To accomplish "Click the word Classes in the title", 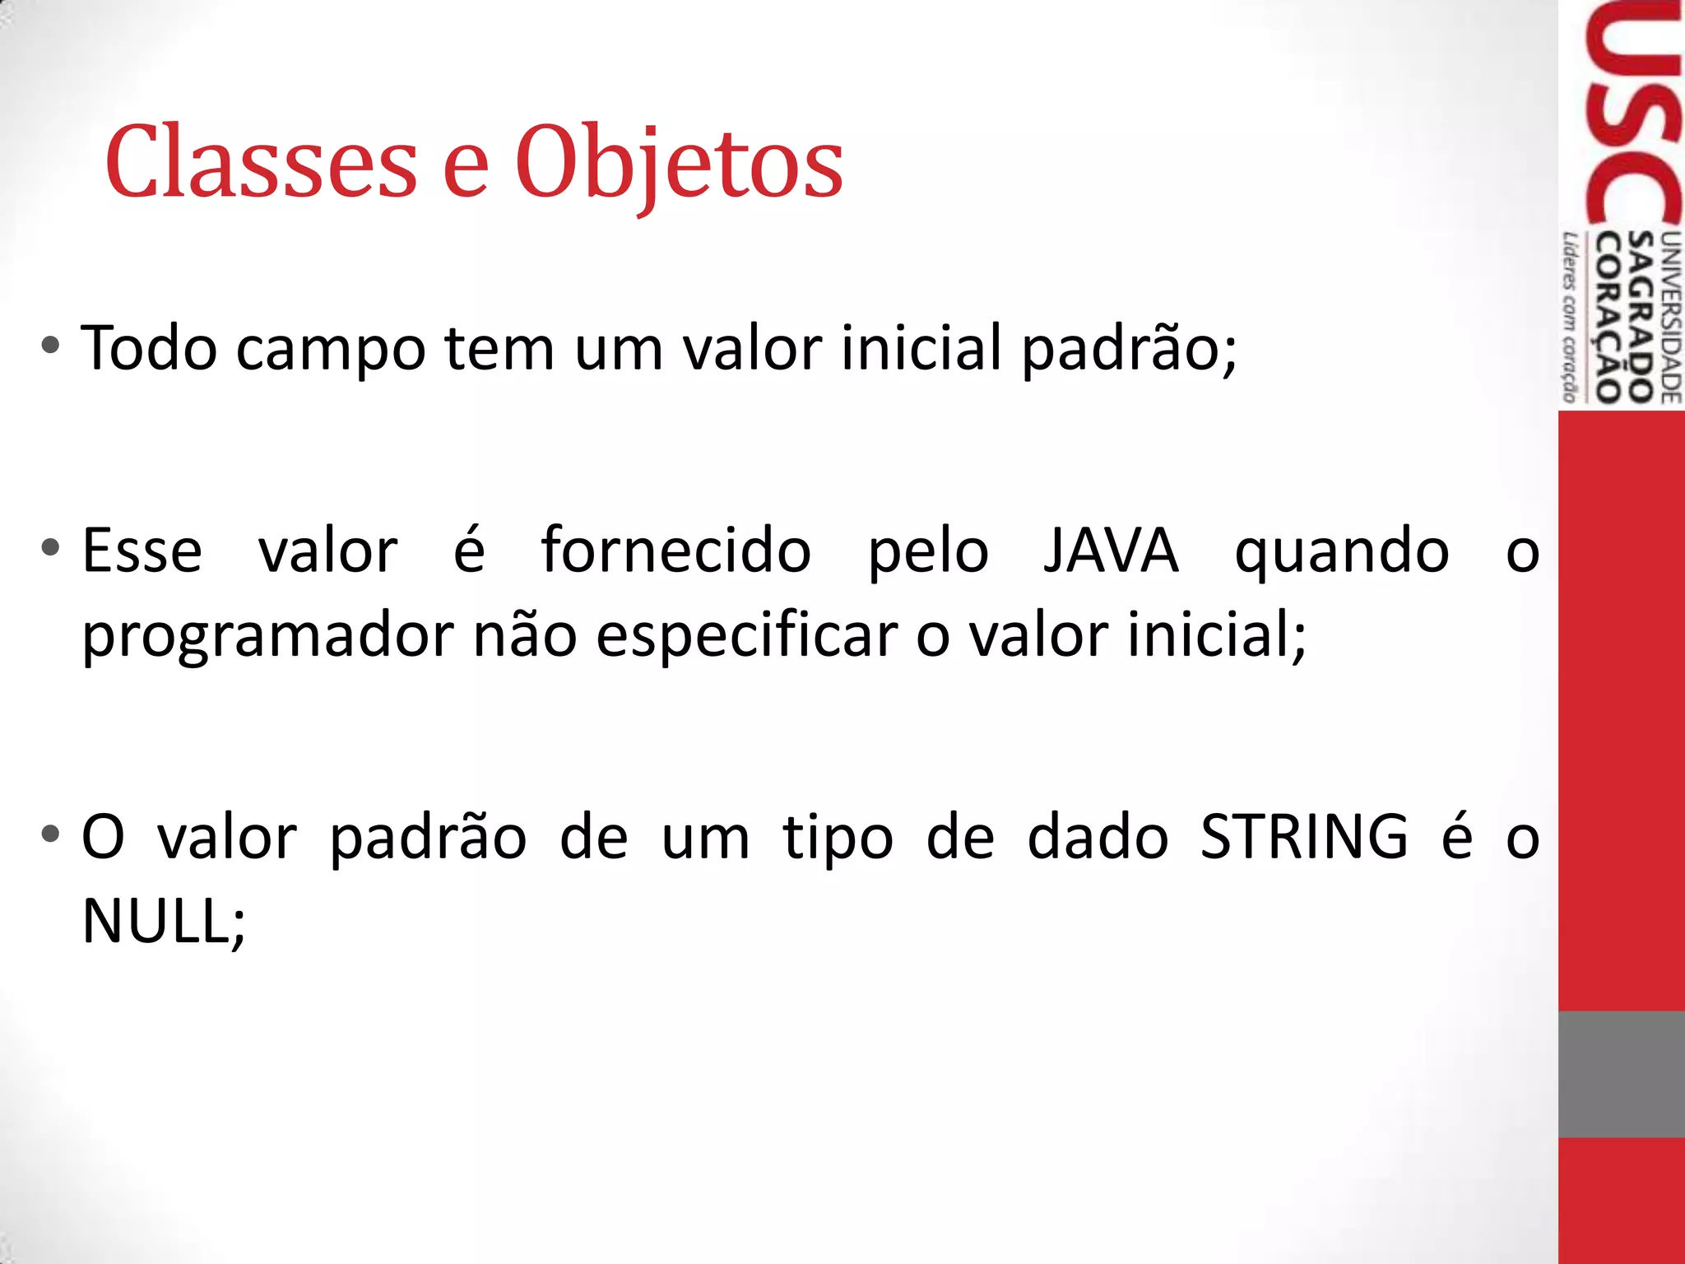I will coord(262,162).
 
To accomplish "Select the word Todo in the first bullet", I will coord(148,348).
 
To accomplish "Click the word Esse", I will coord(142,551).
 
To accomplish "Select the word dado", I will coord(1098,836).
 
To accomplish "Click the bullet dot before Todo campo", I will coord(50,346).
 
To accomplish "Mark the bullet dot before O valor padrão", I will coord(50,834).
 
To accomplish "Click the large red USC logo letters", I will coord(1632,115).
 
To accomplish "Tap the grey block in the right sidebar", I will coord(1621,1074).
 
